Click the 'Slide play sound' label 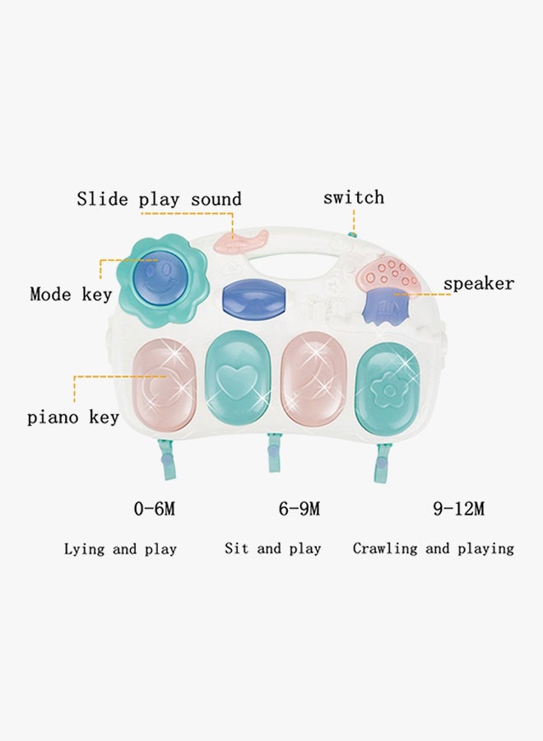[159, 199]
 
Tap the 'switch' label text [354, 198]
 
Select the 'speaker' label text [479, 284]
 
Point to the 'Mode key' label [71, 295]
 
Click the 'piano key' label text [72, 417]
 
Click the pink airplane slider [241, 241]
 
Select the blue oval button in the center [254, 299]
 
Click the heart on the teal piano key [238, 382]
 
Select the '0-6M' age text [155, 509]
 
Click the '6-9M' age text [299, 509]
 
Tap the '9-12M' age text [458, 509]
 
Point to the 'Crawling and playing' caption [434, 548]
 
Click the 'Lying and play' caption [120, 549]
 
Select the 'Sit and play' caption [273, 548]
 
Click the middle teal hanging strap [273, 452]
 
